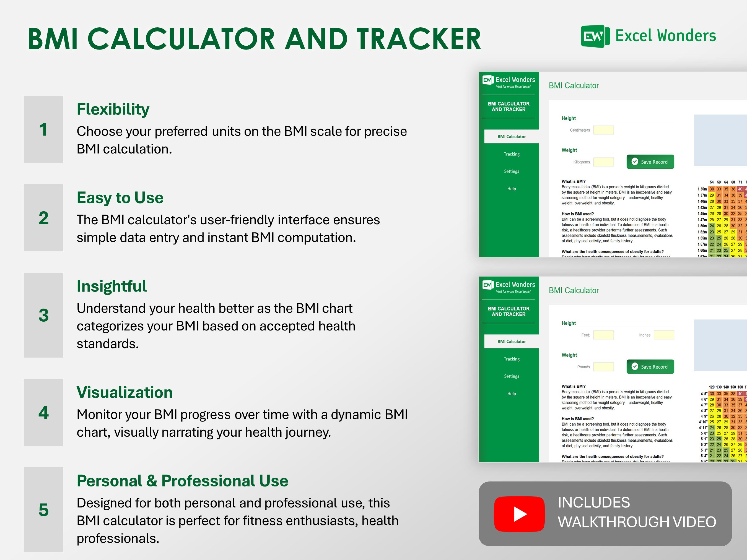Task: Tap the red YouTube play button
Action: click(x=519, y=514)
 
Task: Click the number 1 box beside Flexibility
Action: click(x=43, y=129)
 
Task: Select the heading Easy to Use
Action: click(x=120, y=198)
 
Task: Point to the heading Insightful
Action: click(x=111, y=286)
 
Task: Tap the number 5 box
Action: click(x=43, y=509)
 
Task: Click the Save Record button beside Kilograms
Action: click(x=650, y=162)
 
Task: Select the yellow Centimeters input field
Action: click(x=603, y=130)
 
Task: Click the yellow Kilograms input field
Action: click(x=603, y=162)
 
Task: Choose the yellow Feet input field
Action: click(x=603, y=335)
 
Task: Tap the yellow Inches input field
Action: click(x=664, y=335)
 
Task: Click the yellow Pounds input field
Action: click(x=603, y=367)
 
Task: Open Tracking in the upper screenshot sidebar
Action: click(x=512, y=154)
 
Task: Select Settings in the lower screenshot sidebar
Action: click(x=512, y=376)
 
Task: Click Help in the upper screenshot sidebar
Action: click(x=512, y=189)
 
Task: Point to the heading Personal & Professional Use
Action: click(x=182, y=481)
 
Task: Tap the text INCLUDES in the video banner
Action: click(x=594, y=502)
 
